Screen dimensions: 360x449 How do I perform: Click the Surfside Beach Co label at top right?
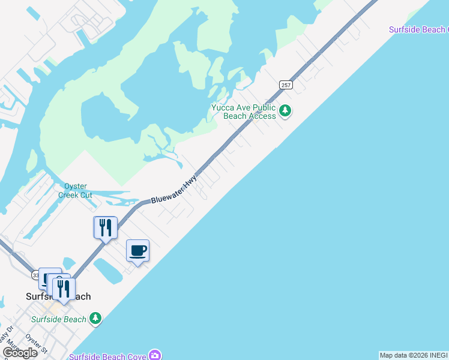pyautogui.click(x=418, y=29)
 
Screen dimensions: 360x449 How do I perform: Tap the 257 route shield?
pyautogui.click(x=286, y=85)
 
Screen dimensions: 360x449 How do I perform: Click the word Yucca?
pyautogui.click(x=223, y=108)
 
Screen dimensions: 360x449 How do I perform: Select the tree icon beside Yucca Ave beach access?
pyautogui.click(x=286, y=111)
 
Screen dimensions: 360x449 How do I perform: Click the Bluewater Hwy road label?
pyautogui.click(x=174, y=190)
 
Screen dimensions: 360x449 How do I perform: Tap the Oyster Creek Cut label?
pyautogui.click(x=74, y=191)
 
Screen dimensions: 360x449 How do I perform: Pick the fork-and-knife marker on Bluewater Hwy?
pyautogui.click(x=106, y=228)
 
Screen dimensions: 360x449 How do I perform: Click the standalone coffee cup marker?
pyautogui.click(x=138, y=251)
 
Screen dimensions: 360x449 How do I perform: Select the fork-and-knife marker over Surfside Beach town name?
pyautogui.click(x=64, y=289)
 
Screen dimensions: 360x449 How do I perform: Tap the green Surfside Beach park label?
pyautogui.click(x=59, y=319)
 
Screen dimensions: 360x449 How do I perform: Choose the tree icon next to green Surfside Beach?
pyautogui.click(x=95, y=318)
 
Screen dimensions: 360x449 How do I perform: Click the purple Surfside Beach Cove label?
pyautogui.click(x=107, y=356)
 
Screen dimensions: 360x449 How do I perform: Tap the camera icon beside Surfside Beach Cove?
pyautogui.click(x=155, y=355)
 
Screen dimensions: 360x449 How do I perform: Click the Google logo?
pyautogui.click(x=19, y=353)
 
